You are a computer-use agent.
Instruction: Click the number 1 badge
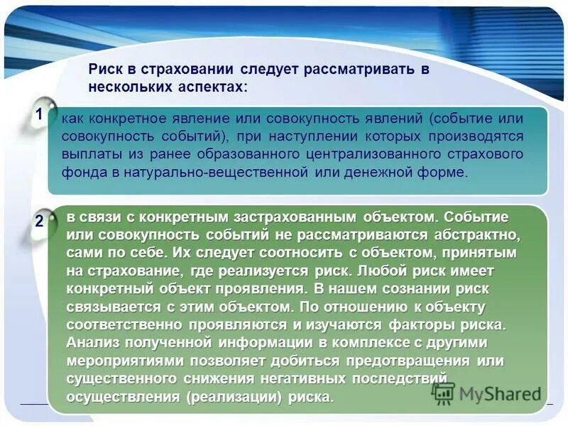(39, 114)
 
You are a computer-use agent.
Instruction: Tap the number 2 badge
(39, 221)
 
